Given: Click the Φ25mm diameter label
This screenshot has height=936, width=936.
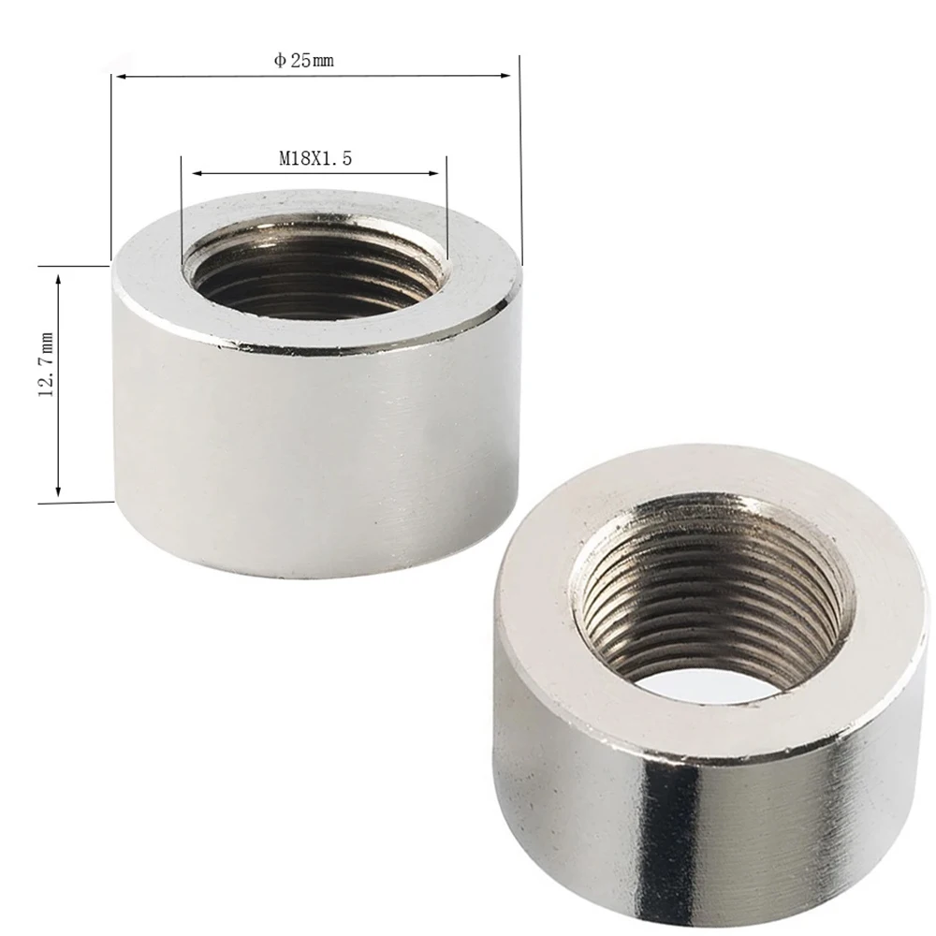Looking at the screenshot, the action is [x=303, y=60].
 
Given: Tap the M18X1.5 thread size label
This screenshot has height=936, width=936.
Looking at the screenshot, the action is [x=315, y=158].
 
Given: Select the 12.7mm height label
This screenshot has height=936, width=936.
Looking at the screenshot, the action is [x=47, y=364].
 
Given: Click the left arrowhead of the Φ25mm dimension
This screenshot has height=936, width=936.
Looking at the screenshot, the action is [x=120, y=77].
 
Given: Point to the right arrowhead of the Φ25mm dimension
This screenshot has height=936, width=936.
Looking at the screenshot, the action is [x=505, y=76].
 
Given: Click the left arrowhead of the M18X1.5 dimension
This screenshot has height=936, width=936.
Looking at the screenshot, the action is [x=197, y=174].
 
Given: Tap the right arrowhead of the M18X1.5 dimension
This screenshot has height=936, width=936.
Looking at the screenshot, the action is [x=433, y=174].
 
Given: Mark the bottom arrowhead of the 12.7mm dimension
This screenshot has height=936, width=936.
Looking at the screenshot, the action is [x=58, y=490].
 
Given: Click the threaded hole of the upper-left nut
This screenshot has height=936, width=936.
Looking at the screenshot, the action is [x=314, y=272].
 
